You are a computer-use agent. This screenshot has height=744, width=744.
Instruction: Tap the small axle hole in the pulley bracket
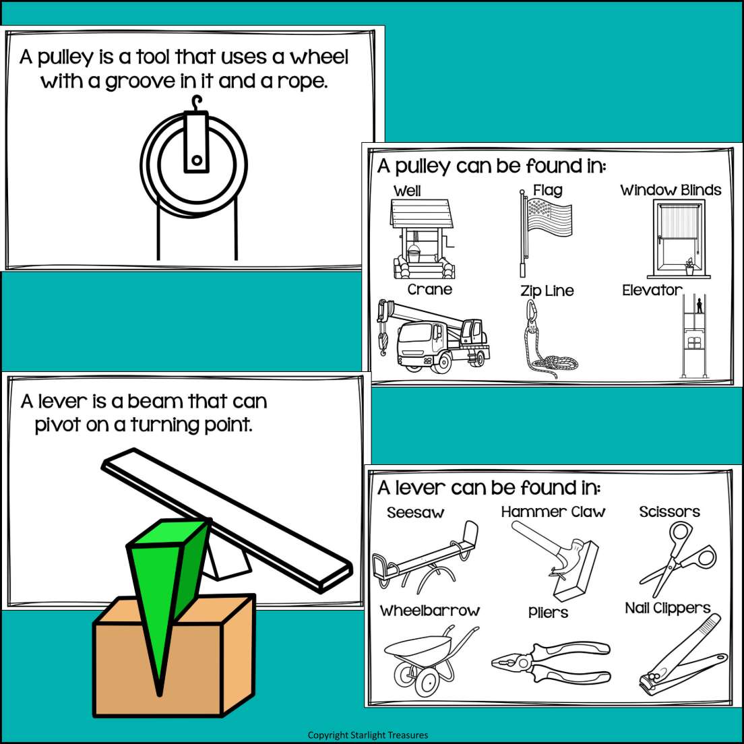pyautogui.click(x=196, y=160)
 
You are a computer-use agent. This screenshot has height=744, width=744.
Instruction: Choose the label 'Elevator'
pyautogui.click(x=652, y=290)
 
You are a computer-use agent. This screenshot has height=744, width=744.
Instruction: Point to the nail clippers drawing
pyautogui.click(x=681, y=657)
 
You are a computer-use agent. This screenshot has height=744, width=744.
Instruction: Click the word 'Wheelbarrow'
pyautogui.click(x=430, y=611)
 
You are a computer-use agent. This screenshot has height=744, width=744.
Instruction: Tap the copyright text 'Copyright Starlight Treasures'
pyautogui.click(x=368, y=735)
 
